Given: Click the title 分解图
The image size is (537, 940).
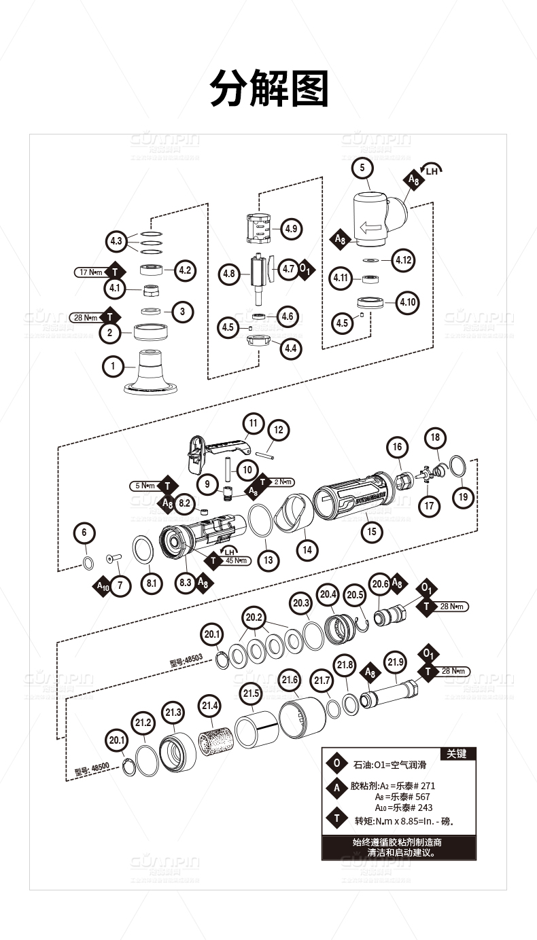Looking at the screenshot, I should pyautogui.click(x=268, y=88).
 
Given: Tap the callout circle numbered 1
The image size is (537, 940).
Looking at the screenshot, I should pyautogui.click(x=114, y=367).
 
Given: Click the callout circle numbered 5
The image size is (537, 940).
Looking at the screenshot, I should pyautogui.click(x=362, y=167).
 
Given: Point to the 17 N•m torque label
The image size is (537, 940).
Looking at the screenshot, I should pyautogui.click(x=92, y=272).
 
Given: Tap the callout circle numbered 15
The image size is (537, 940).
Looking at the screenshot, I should pyautogui.click(x=371, y=531).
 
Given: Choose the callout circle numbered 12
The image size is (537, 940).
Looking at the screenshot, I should pyautogui.click(x=277, y=430).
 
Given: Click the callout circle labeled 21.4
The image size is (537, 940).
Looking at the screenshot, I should pyautogui.click(x=209, y=706).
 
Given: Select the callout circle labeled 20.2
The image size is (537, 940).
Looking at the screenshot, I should pyautogui.click(x=254, y=618).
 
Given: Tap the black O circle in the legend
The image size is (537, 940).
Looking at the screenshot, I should pyautogui.click(x=336, y=763).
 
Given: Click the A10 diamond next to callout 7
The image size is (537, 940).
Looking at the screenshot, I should pyautogui.click(x=103, y=585).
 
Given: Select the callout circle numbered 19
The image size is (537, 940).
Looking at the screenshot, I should pyautogui.click(x=463, y=496).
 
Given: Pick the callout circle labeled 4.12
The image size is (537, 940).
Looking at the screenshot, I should pyautogui.click(x=404, y=260).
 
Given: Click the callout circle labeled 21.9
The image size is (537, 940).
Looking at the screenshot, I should pyautogui.click(x=395, y=662).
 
